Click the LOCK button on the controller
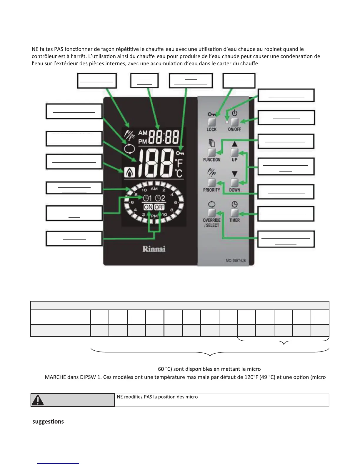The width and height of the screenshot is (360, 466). pyautogui.click(x=212, y=122)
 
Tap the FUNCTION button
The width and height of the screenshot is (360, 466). pyautogui.click(x=212, y=152)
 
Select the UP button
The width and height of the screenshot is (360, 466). pyautogui.click(x=234, y=152)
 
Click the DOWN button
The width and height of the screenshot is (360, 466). pyautogui.click(x=234, y=182)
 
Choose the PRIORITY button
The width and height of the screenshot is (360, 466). pyautogui.click(x=212, y=182)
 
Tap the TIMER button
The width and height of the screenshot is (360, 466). pyautogui.click(x=234, y=213)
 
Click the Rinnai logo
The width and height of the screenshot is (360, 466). pyautogui.click(x=154, y=249)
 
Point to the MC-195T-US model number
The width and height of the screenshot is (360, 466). pyautogui.click(x=235, y=261)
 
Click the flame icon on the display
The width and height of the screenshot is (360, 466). pyautogui.click(x=129, y=172)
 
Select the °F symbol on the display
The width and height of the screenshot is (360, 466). pyautogui.click(x=179, y=163)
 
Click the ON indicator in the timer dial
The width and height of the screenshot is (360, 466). pyautogui.click(x=148, y=207)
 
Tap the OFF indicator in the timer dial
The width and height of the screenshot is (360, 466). pyautogui.click(x=159, y=207)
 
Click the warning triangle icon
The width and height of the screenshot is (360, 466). pyautogui.click(x=38, y=400)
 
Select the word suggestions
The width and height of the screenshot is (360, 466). pyautogui.click(x=48, y=422)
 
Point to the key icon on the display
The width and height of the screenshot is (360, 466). pyautogui.click(x=180, y=153)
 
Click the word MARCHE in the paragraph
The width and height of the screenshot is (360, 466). pyautogui.click(x=55, y=377)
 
